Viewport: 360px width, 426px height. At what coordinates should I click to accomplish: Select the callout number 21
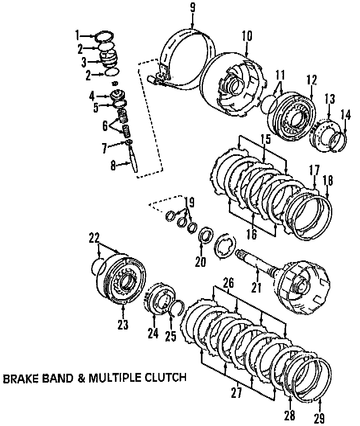256,287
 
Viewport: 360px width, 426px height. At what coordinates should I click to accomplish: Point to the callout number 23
123,324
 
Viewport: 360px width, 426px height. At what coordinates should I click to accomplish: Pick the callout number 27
237,392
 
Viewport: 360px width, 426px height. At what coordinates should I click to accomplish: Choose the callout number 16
252,234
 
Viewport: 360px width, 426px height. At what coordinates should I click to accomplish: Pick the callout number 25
171,336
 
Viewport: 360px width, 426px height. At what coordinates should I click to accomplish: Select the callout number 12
311,80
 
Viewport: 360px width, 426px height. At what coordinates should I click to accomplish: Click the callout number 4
92,96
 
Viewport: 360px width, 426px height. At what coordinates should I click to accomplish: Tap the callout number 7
104,148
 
